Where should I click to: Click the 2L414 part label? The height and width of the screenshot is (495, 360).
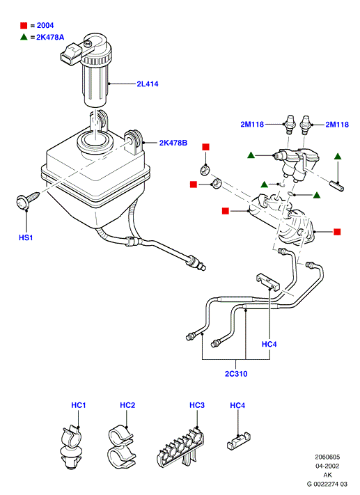click(148, 84)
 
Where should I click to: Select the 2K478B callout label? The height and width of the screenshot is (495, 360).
click(173, 143)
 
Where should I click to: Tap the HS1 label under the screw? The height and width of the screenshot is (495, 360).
click(26, 237)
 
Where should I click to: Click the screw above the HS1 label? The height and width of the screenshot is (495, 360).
click(27, 200)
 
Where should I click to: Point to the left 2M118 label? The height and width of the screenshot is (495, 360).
click(252, 125)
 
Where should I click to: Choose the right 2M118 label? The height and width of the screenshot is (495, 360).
click(337, 125)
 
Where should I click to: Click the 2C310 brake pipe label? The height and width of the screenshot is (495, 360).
click(236, 374)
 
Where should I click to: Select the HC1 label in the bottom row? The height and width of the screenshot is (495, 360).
click(79, 405)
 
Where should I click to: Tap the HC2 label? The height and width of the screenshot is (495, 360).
click(127, 405)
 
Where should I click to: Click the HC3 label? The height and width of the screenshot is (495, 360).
click(197, 405)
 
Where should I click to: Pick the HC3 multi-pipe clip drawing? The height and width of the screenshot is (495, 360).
click(180, 448)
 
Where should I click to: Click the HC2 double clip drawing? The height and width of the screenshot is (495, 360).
click(121, 448)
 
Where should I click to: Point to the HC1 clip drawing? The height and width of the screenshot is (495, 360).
click(71, 448)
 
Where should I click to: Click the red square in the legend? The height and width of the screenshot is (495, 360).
click(24, 26)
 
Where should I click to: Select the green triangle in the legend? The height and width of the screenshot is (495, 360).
click(24, 37)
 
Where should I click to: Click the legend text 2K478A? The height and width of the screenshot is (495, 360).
click(50, 38)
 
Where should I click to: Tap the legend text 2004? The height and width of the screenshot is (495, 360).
click(45, 25)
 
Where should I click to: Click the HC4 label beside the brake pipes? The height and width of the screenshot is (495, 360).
click(269, 344)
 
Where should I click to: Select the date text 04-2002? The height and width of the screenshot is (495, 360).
click(327, 466)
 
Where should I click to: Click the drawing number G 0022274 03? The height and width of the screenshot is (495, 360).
click(327, 484)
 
